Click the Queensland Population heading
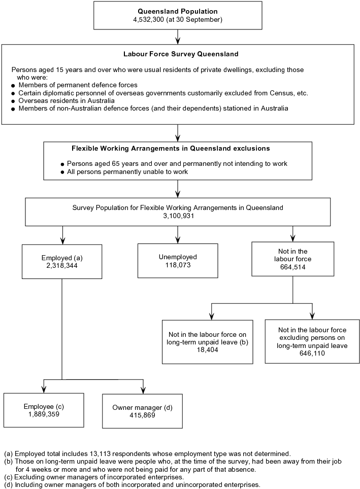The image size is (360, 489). [177, 11]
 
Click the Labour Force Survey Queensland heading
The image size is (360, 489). [177, 54]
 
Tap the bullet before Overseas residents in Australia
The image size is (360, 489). [13, 101]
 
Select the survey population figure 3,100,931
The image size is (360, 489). [177, 216]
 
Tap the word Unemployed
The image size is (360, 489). [177, 257]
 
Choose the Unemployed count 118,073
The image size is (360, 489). [177, 265]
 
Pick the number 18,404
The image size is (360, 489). [207, 350]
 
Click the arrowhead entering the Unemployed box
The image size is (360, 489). [178, 239]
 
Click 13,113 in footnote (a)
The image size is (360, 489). [93, 453]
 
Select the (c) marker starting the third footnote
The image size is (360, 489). [8, 477]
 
